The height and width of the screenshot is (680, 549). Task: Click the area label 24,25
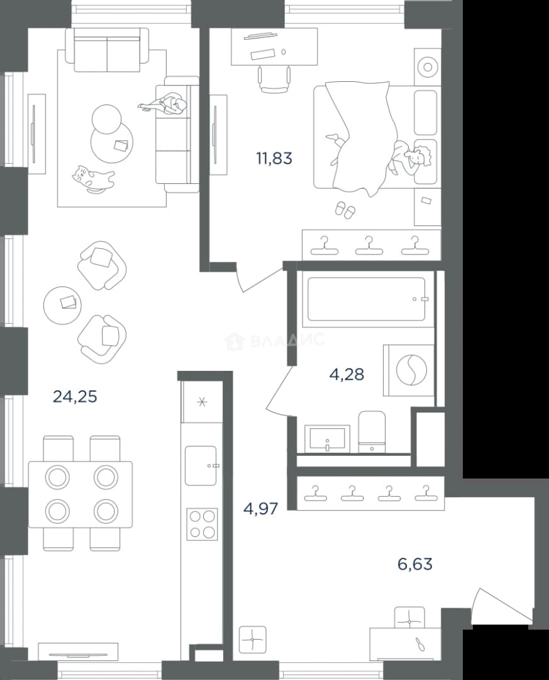pyautogui.click(x=75, y=397)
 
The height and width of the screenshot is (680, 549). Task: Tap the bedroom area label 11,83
pyautogui.click(x=274, y=159)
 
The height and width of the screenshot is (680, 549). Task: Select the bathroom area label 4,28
pyautogui.click(x=347, y=374)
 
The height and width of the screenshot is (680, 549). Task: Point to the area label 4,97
pyautogui.click(x=260, y=508)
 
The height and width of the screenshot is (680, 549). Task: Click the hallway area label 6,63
pyautogui.click(x=414, y=564)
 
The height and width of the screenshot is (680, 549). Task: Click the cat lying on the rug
pyautogui.click(x=93, y=178)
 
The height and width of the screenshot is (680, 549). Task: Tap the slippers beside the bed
pyautogui.click(x=345, y=210)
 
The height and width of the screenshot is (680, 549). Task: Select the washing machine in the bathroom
pyautogui.click(x=409, y=370)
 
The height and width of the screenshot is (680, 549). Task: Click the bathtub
pyautogui.click(x=366, y=299)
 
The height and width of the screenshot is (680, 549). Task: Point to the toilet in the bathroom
pyautogui.click(x=372, y=431)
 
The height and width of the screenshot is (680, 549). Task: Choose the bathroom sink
pyautogui.click(x=327, y=438)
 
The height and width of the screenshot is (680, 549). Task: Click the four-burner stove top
pyautogui.click(x=202, y=524)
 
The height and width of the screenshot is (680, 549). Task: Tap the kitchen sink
pyautogui.click(x=201, y=465)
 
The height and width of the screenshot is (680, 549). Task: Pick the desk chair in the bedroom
pyautogui.click(x=274, y=79)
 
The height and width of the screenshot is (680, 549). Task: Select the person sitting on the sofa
pyautogui.click(x=164, y=105)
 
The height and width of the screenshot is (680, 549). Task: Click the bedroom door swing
pyautogui.click(x=258, y=278)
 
